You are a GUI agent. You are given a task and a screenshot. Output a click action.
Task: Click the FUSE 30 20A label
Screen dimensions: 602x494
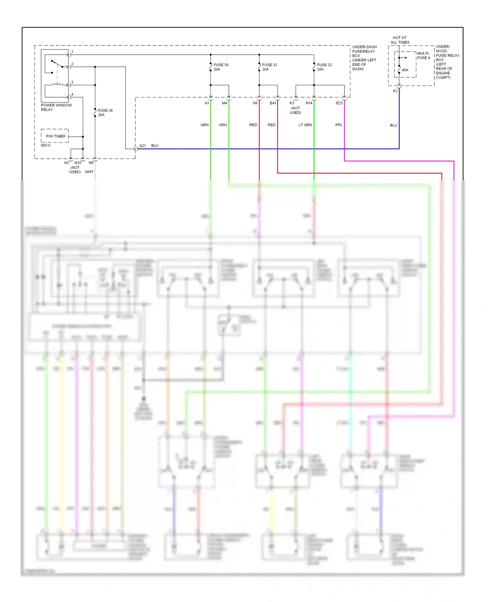click(221, 67)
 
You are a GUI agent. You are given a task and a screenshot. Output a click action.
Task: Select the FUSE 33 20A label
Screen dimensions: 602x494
click(269, 67)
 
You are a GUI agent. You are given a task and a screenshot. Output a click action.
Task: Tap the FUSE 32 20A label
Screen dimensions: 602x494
click(324, 67)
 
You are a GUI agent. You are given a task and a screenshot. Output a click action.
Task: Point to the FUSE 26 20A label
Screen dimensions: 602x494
click(105, 113)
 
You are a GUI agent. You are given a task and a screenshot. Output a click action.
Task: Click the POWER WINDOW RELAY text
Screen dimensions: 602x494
click(56, 107)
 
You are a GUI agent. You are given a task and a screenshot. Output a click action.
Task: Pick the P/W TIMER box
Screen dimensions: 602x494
click(55, 136)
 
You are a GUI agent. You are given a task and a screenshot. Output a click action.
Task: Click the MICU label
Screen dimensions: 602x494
click(46, 145)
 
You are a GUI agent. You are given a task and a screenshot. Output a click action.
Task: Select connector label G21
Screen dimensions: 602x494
click(142, 146)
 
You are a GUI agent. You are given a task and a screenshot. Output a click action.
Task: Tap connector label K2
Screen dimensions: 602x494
click(395, 91)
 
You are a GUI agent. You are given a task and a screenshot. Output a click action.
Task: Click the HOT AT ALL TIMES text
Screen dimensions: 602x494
click(400, 40)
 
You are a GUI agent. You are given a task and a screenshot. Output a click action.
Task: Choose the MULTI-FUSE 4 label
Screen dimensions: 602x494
click(423, 56)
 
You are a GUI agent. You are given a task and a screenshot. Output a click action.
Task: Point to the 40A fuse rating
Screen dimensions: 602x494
click(405, 70)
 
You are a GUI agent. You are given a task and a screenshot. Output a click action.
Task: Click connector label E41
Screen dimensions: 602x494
click(273, 103)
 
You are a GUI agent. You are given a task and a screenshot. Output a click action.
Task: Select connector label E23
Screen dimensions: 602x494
click(339, 103)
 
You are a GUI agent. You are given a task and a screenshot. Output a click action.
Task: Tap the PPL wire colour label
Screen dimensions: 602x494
click(339, 125)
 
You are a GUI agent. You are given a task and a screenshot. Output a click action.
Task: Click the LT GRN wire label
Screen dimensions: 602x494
click(305, 125)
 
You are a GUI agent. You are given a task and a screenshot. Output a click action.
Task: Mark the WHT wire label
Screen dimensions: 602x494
click(89, 172)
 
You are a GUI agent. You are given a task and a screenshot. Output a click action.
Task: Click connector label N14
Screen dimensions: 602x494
click(309, 103)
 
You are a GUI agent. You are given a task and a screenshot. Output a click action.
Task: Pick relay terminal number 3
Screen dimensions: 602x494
click(72, 82)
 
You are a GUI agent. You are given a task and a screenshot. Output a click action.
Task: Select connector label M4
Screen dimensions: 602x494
click(224, 103)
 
